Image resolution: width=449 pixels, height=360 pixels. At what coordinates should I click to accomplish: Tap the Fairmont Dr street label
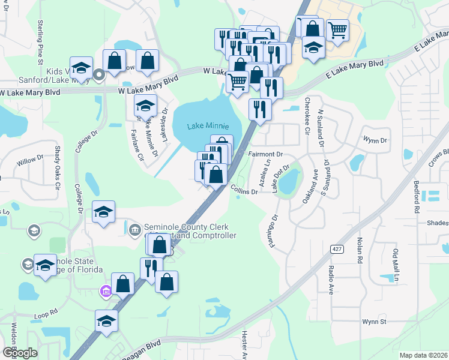[x=265, y=154]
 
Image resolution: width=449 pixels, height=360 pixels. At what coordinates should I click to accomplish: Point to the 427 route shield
[x=336, y=248]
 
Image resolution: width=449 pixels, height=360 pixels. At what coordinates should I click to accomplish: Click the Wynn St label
[x=373, y=322]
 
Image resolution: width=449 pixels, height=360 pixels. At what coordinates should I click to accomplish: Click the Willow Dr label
[x=31, y=160]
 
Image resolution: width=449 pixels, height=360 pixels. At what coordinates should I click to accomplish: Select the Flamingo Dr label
[x=274, y=231]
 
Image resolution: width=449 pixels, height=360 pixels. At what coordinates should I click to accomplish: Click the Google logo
[x=20, y=353]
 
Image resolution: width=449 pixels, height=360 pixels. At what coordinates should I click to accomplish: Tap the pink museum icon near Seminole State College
[x=106, y=291]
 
